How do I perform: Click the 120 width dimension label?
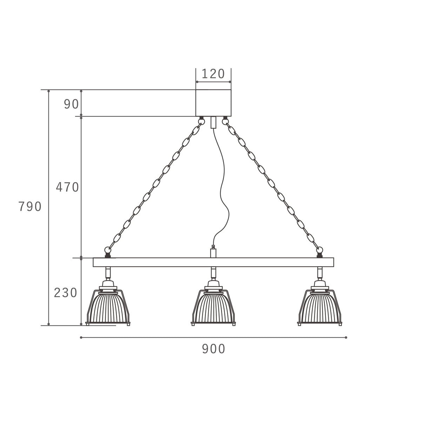(213, 74)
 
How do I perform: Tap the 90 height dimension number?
(71, 104)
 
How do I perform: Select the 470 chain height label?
(67, 187)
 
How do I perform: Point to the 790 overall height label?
(30, 206)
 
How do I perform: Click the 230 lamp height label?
(66, 293)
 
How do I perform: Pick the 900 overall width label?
(213, 349)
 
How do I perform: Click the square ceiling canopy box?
(213, 103)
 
